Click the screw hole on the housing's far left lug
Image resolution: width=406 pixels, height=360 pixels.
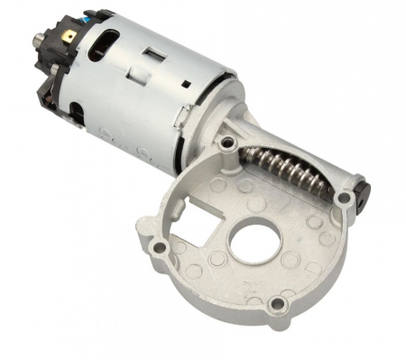[x=160, y=245]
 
